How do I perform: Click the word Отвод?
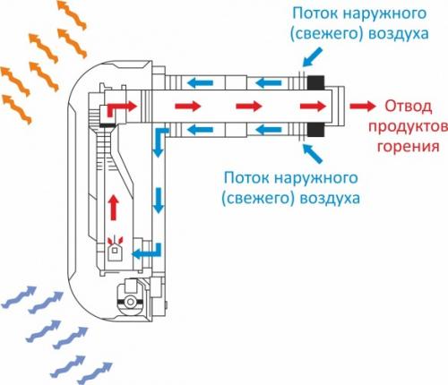tap(404, 106)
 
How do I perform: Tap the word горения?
tap(413, 145)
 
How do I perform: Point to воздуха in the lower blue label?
tap(329, 194)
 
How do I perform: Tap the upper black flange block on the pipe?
tap(316, 83)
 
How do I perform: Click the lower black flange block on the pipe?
tap(316, 127)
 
